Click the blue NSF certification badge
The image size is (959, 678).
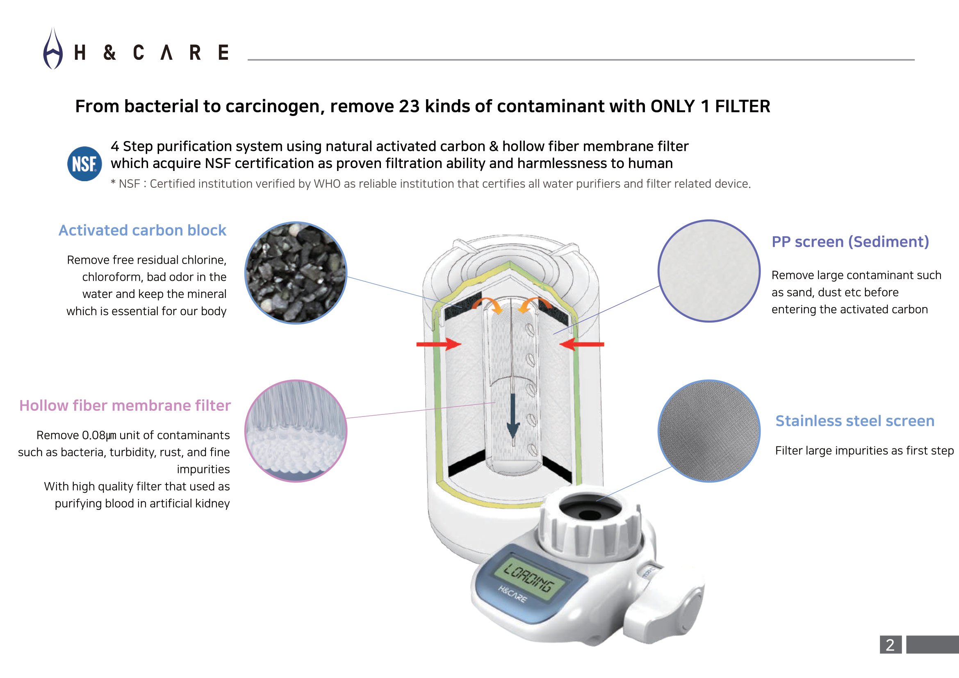pos(84,164)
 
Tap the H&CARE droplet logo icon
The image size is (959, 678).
pos(53,49)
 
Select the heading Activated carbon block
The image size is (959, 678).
pos(142,230)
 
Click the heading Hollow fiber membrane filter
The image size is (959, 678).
pos(125,405)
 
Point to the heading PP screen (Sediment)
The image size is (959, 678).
pos(850,242)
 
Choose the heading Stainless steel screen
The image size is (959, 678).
pos(854,421)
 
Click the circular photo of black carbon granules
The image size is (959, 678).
pos(296,273)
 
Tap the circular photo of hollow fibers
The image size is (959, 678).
pos(296,431)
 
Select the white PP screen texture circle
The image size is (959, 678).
pos(709,271)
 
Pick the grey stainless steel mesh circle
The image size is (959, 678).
pos(709,431)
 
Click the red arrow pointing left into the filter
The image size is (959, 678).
pos(582,344)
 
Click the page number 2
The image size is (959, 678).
pos(890,645)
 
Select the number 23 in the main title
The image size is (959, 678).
pos(409,107)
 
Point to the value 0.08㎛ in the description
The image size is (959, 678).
pos(99,435)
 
